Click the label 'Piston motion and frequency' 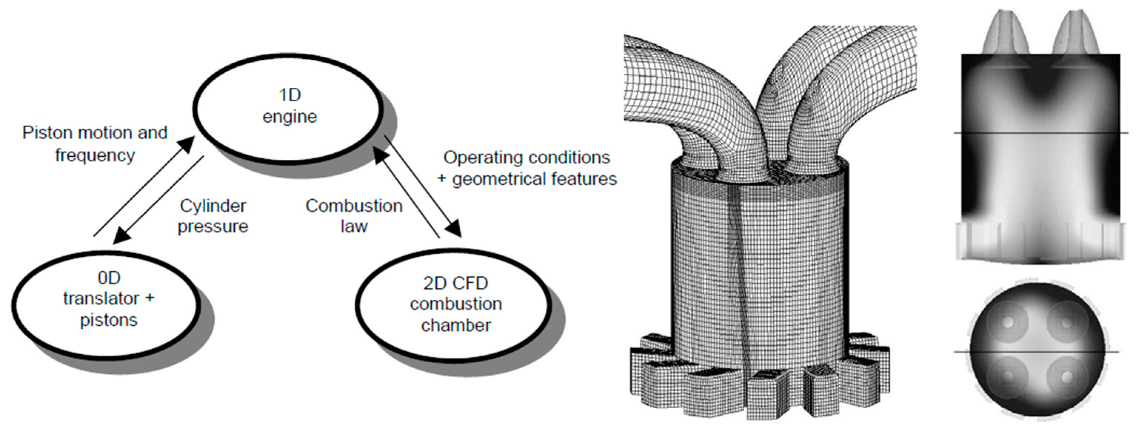tap(95, 144)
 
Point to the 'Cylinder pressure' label tap(213, 216)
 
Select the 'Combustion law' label tap(354, 216)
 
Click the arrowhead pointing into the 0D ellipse tap(120, 237)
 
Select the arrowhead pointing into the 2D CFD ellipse tap(455, 230)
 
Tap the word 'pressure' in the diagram tap(213, 227)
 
